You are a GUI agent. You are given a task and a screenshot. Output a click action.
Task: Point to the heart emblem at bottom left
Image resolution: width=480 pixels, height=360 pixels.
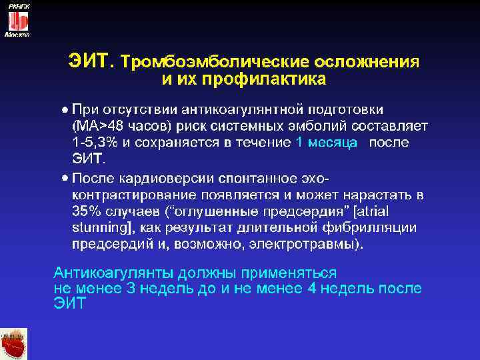(14, 343)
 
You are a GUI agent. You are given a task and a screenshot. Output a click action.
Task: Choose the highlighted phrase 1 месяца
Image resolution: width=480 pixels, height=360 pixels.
(326, 142)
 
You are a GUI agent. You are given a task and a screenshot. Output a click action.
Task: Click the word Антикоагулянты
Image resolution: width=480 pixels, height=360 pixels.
(111, 273)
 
